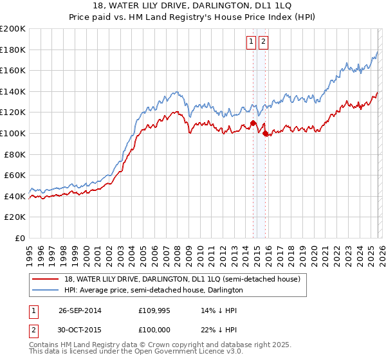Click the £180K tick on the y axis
point(12,50)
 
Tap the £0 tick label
point(20,238)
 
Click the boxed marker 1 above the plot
point(251,42)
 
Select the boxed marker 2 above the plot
point(264,42)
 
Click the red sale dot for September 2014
point(253,123)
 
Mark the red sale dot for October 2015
point(266,133)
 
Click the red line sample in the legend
point(46,279)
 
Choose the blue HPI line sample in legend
point(46,290)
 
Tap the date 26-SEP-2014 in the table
point(80,310)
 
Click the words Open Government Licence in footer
point(187,353)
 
